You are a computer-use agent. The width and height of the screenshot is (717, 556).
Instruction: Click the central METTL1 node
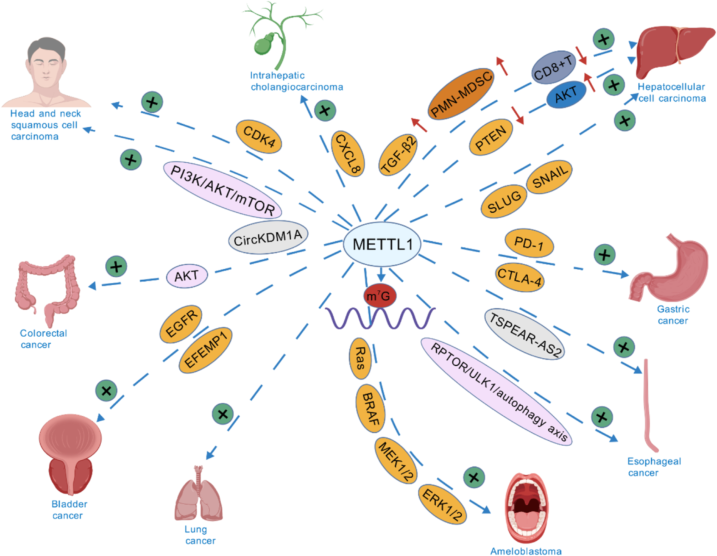(382, 244)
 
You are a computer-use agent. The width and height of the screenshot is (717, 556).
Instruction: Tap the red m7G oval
(379, 296)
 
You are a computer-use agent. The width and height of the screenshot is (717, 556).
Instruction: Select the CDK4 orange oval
(259, 137)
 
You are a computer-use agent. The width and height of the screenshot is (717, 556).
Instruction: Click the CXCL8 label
(348, 154)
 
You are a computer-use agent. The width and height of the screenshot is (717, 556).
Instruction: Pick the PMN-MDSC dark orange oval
(461, 94)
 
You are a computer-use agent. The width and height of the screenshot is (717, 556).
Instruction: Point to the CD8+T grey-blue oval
(553, 68)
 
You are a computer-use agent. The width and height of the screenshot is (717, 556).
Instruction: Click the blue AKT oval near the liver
(566, 95)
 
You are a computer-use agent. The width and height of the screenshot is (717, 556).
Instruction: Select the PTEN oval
(491, 137)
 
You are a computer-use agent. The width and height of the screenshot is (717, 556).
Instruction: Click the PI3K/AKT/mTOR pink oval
(223, 190)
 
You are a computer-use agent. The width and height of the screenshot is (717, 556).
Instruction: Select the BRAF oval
(370, 409)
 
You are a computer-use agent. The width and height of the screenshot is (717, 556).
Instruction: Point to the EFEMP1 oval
(205, 350)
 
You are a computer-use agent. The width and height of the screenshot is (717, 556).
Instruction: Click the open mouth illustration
(526, 507)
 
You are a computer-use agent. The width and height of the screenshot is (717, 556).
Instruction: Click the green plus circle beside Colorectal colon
(116, 266)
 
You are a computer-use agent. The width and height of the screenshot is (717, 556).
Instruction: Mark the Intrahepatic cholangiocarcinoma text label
(296, 81)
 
